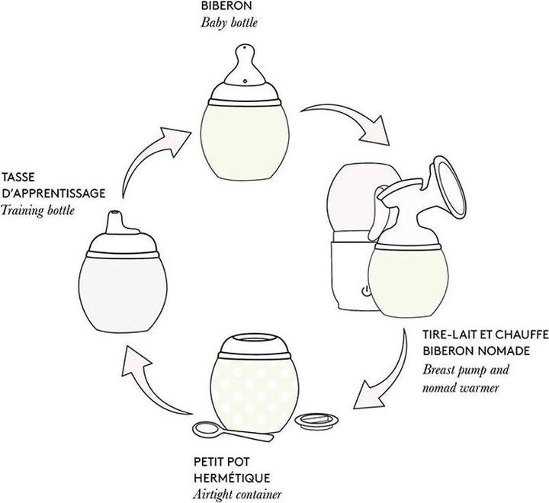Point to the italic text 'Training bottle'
pos(38,208)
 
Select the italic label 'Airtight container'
pos(236,494)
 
